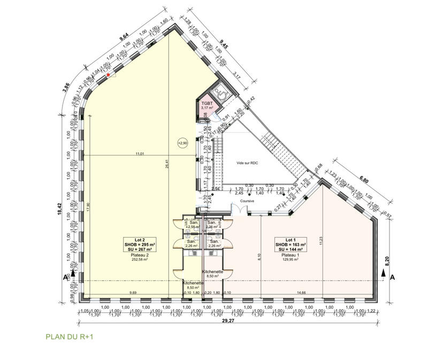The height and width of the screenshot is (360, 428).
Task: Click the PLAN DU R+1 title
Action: [x=70, y=338]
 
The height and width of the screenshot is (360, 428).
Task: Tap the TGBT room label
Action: [x=207, y=103]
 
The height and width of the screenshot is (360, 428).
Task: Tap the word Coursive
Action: [x=247, y=201]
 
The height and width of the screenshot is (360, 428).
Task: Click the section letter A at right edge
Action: [x=392, y=278]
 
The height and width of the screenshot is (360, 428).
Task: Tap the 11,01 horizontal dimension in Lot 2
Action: [x=140, y=154]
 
